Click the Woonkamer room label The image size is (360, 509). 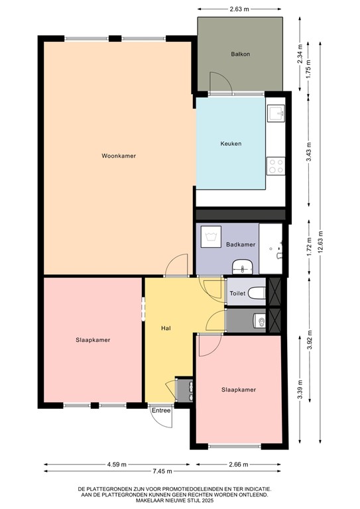tap(119, 156)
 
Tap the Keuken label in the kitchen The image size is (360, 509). tap(231, 144)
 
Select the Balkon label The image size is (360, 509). tap(240, 54)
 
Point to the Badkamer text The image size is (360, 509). tap(241, 245)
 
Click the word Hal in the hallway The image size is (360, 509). tap(167, 328)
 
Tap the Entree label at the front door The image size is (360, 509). tap(161, 410)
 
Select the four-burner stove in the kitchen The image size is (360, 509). tap(275, 166)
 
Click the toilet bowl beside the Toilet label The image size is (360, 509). tap(257, 293)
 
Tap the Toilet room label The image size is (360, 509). tap(237, 293)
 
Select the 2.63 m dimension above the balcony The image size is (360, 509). tap(240, 10)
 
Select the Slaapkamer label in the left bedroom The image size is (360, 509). tap(93, 340)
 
